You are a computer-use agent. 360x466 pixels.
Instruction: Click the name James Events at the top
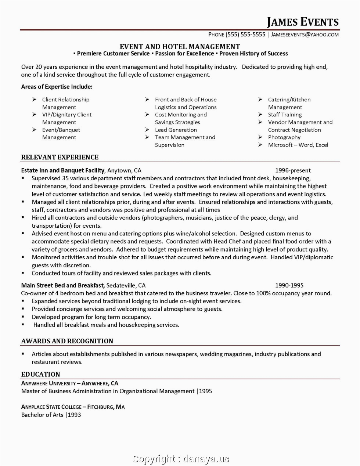coord(302,22)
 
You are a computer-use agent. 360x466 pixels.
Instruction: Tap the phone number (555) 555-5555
coord(245,35)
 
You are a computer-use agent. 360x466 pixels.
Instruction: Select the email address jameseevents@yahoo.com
coord(305,35)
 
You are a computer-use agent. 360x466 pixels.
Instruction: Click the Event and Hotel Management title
coord(180,47)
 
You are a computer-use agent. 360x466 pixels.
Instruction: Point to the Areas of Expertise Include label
coord(57,87)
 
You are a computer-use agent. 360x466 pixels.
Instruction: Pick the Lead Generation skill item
coord(176,130)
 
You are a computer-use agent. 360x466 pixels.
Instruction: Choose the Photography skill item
coord(284,137)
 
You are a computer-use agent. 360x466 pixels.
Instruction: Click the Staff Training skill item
coord(285,115)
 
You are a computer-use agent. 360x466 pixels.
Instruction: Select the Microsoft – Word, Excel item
coord(298,145)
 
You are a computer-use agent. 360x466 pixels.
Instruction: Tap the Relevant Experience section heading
coord(60,157)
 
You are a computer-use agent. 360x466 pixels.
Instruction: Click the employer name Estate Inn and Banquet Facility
coord(63,170)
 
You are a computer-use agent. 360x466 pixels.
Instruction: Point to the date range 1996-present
coord(293,170)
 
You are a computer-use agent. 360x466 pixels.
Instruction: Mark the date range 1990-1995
coord(289,285)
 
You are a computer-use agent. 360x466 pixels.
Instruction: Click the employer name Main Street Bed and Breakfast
coord(63,285)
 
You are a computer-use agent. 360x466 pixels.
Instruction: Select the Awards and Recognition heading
coord(67,341)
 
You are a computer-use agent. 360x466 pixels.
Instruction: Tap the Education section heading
coord(40,375)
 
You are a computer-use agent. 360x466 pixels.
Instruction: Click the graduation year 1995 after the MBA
coord(205,391)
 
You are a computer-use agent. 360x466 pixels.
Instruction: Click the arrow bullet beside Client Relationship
coord(34,99)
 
